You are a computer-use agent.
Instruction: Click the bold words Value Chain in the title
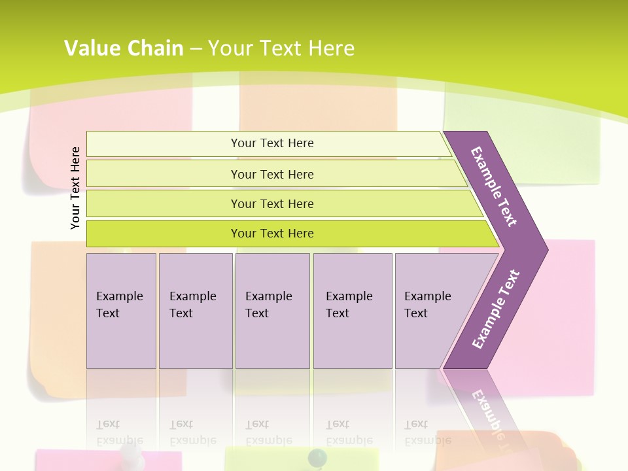tap(124, 48)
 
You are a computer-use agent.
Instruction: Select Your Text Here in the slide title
tap(281, 48)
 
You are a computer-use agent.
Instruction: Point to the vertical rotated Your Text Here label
tap(75, 188)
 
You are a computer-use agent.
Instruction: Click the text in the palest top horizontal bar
tap(272, 143)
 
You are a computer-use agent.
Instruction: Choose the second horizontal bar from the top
tap(272, 174)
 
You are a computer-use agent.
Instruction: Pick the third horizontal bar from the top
tap(272, 204)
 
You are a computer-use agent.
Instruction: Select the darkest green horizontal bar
tap(272, 234)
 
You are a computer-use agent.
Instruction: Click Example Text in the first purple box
tap(119, 305)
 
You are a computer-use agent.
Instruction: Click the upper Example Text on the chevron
tap(495, 186)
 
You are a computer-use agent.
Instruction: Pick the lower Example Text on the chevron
tap(496, 309)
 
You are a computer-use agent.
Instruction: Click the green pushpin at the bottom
tap(317, 457)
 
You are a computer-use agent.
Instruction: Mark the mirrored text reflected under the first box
tap(119, 432)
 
